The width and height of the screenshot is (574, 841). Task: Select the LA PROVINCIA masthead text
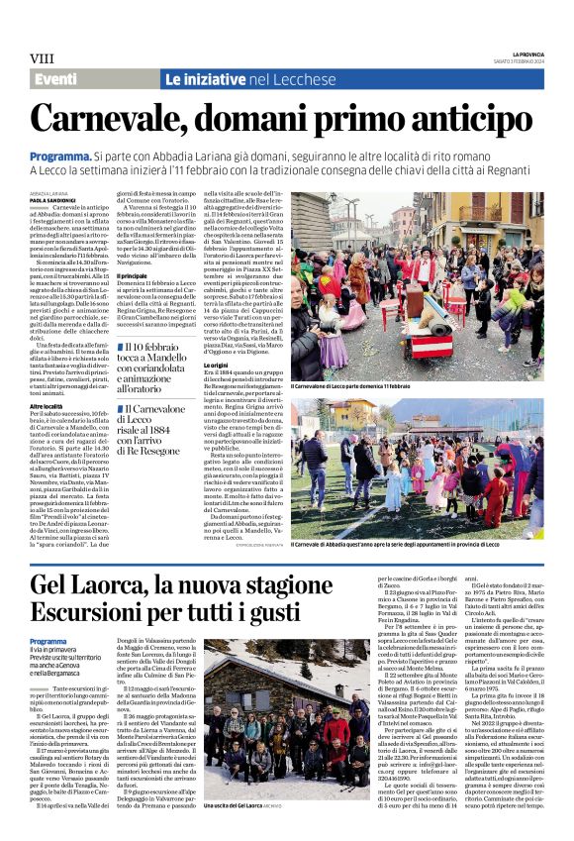527,53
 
